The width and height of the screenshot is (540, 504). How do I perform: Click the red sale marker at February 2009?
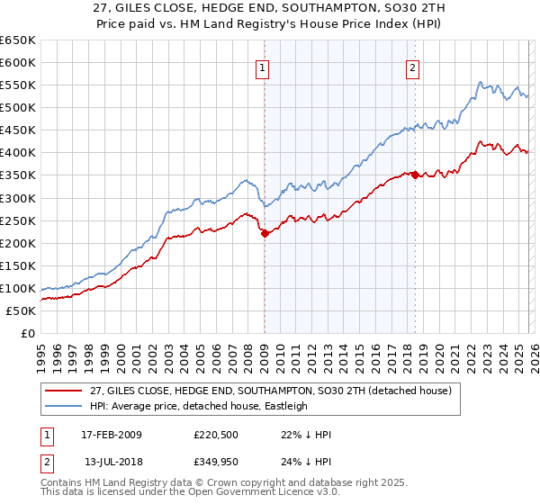click(x=265, y=233)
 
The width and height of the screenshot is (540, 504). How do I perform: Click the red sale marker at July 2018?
click(x=415, y=175)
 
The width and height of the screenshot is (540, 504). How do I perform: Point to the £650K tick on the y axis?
click(x=18, y=40)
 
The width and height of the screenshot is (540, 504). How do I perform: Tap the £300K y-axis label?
click(x=18, y=198)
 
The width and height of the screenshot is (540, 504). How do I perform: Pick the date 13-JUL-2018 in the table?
click(x=112, y=463)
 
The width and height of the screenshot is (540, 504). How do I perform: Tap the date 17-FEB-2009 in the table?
click(x=112, y=435)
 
